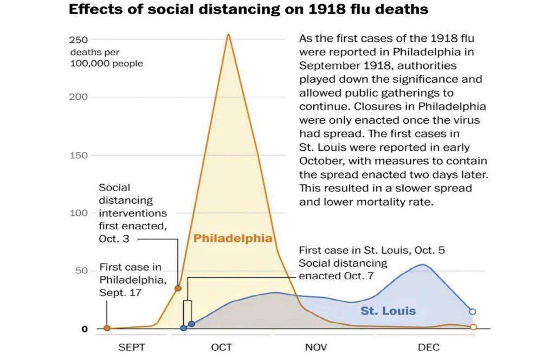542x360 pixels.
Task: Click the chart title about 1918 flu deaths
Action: (248, 10)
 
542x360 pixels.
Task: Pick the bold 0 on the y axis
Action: (84, 329)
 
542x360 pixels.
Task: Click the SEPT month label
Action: (132, 347)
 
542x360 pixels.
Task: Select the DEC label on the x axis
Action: (429, 347)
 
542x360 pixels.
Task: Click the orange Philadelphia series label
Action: (233, 239)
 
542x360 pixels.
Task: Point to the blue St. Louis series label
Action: (388, 311)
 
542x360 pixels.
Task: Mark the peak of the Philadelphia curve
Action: (228, 35)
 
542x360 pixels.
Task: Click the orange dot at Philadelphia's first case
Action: (107, 328)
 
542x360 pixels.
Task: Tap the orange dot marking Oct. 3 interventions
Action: (178, 288)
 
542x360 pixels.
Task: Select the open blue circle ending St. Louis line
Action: (473, 311)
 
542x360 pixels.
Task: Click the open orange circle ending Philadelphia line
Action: (473, 327)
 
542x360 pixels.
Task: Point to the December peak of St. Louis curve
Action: (422, 265)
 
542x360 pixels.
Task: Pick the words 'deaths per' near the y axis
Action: (95, 53)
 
